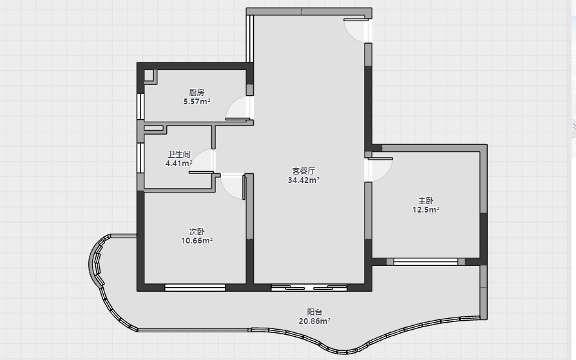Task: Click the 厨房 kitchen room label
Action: coord(197,93)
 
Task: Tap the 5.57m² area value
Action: coord(197,102)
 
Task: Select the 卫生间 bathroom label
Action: coord(179,155)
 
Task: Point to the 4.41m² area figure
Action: coord(179,164)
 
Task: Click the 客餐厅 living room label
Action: coord(304,171)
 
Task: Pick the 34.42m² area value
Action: coord(304,180)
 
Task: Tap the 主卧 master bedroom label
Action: coord(426,201)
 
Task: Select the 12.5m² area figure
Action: coord(426,210)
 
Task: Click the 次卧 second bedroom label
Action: coord(197,232)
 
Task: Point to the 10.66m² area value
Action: coord(197,241)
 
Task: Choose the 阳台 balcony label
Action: coord(315,312)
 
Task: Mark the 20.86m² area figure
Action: coord(315,321)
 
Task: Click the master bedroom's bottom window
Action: coord(426,262)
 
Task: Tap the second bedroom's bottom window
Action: coord(195,288)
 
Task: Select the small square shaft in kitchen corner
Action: coord(148,75)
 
